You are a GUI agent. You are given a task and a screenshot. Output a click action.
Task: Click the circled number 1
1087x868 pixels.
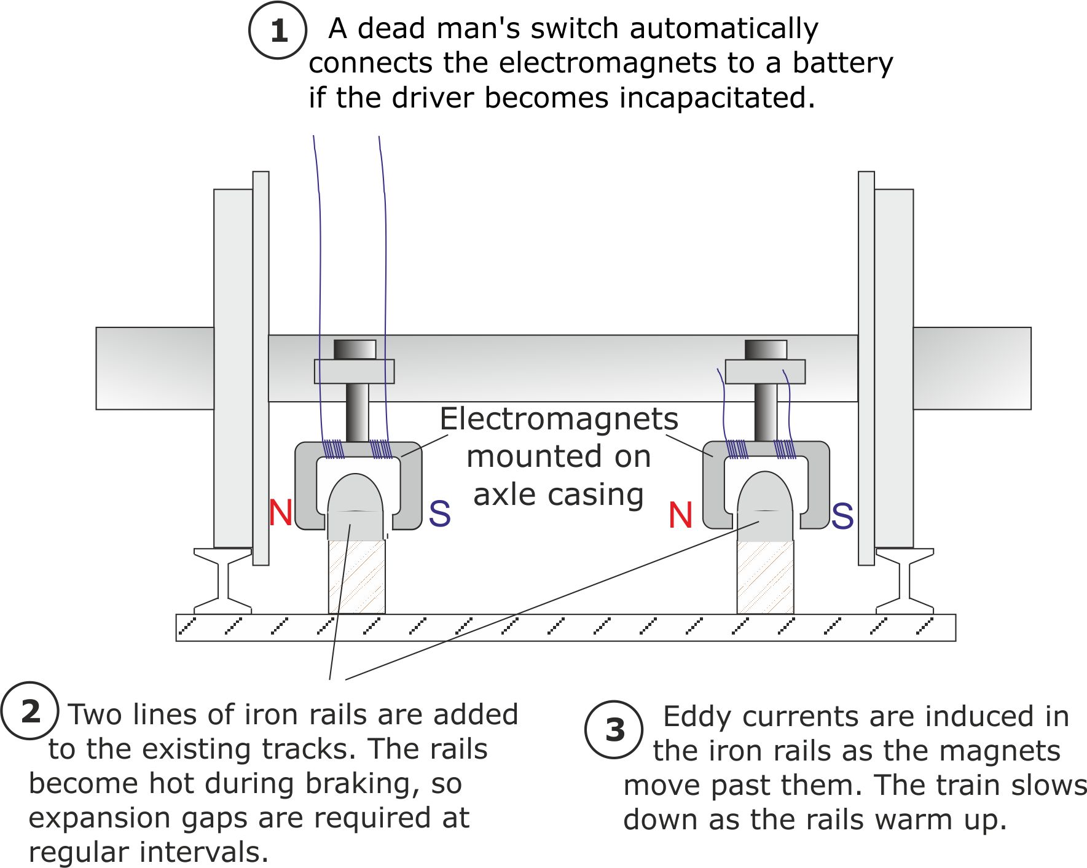[x=278, y=30]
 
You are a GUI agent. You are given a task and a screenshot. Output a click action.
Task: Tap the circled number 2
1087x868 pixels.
[x=30, y=711]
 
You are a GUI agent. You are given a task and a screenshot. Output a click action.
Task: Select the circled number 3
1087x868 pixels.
[x=614, y=729]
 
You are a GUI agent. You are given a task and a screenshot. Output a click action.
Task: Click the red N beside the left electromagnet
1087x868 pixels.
[x=280, y=512]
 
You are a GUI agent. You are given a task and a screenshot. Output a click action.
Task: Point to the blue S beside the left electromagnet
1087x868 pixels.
[x=439, y=514]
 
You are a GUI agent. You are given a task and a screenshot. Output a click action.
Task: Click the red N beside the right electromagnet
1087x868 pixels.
[x=680, y=515]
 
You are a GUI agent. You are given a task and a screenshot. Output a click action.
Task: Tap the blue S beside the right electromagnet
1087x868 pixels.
[x=842, y=516]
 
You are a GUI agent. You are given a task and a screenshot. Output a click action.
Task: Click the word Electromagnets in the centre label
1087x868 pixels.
[x=559, y=419]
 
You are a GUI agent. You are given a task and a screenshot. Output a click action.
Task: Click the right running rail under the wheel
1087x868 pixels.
[x=905, y=581]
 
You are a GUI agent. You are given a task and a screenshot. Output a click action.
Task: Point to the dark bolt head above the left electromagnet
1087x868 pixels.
[x=355, y=349]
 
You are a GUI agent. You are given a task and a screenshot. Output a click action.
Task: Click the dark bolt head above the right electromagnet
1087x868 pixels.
[x=766, y=349]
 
